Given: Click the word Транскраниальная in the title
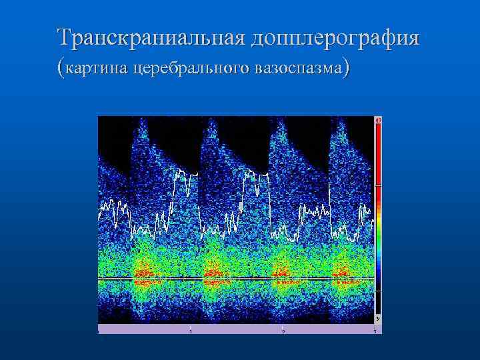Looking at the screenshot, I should point(151,37).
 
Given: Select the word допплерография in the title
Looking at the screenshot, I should point(335,37).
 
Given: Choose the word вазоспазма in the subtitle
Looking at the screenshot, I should point(297,68).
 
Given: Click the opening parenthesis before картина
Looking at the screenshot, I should point(62,68).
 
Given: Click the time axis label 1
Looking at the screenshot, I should point(191,331).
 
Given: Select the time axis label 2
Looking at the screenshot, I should point(283,331).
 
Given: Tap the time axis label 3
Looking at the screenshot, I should point(375,331).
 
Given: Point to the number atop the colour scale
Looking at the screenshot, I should point(378,120).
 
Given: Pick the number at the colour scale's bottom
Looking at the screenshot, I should point(378,319).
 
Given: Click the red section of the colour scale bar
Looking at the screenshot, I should point(378,153).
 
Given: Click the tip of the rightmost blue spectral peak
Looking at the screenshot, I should point(338,122).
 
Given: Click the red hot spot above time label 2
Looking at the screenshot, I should point(281,273).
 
